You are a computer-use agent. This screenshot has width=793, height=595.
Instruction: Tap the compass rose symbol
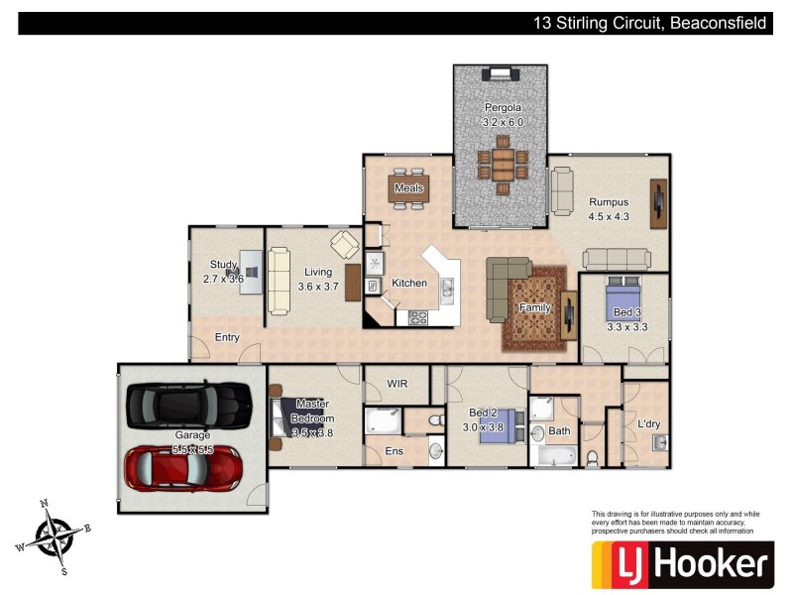click(55, 535)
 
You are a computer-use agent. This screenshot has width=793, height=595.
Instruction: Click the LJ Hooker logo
click(681, 564)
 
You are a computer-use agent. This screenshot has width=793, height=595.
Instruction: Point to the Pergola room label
click(503, 107)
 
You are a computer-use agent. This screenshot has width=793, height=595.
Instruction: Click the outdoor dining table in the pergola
click(503, 163)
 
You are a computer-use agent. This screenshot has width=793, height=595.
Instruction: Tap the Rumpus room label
click(609, 202)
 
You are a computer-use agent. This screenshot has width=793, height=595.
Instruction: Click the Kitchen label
click(409, 283)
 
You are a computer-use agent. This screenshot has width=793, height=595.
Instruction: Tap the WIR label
click(397, 383)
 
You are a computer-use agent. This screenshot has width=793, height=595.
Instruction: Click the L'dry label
click(649, 423)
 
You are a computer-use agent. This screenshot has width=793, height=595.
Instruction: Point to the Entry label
click(227, 337)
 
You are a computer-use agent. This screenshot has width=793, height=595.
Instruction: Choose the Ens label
click(395, 450)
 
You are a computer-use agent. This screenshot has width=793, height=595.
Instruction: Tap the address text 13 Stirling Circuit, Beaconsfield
click(648, 23)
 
